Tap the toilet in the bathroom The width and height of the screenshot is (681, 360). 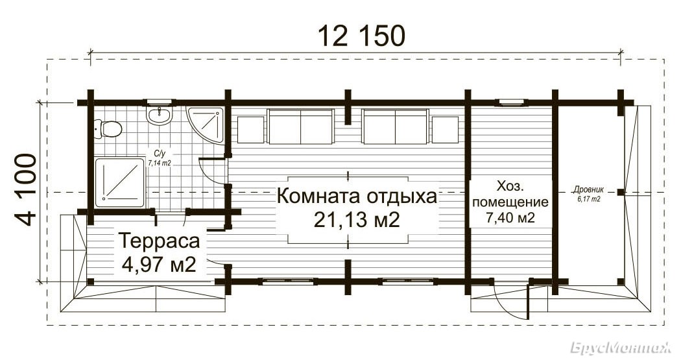click(107, 129)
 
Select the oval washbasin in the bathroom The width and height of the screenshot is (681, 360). click(160, 115)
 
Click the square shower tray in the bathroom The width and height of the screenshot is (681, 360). click(120, 183)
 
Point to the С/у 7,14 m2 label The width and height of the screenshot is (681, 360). click(160, 158)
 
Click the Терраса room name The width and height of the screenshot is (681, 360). click(159, 241)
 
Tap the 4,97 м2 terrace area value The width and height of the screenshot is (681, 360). click(159, 264)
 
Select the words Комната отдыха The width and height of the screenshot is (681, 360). click(356, 197)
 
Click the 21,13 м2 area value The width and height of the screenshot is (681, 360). click(356, 220)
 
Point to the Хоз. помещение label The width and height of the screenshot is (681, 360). click(510, 195)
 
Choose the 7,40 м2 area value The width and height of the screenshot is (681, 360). click(510, 217)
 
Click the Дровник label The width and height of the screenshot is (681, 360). click(588, 190)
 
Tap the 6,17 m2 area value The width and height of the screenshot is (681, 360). click(588, 199)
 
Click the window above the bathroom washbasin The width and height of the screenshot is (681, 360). click(160, 102)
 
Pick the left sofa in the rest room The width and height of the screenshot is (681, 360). click(300, 126)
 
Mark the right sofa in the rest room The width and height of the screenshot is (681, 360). click(395, 126)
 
